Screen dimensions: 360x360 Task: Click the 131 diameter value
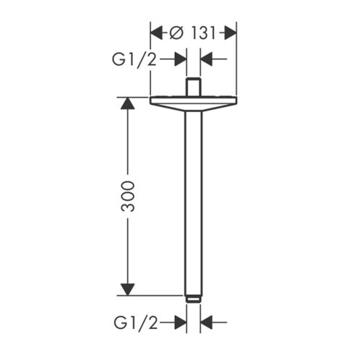pyautogui.click(x=203, y=33)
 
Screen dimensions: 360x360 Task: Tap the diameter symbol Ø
pyautogui.click(x=176, y=33)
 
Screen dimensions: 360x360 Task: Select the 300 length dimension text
pyautogui.click(x=128, y=197)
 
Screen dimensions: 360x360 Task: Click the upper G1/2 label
pyautogui.click(x=134, y=59)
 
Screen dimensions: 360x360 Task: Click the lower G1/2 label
pyautogui.click(x=136, y=322)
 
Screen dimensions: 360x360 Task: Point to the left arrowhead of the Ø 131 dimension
pyautogui.click(x=156, y=33)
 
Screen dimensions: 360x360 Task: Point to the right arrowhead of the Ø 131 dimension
pyautogui.click(x=231, y=33)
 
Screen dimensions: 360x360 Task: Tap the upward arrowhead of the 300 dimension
pyautogui.click(x=128, y=103)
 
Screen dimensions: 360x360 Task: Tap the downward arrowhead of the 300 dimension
pyautogui.click(x=128, y=289)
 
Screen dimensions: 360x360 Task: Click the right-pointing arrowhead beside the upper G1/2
pyautogui.click(x=181, y=59)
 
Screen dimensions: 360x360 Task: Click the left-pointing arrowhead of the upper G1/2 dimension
pyautogui.click(x=206, y=59)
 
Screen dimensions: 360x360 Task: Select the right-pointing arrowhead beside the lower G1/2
pyautogui.click(x=181, y=322)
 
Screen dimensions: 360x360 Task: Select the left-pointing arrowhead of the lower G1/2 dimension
pyautogui.click(x=206, y=322)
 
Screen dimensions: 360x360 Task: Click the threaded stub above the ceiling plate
pyautogui.click(x=194, y=87)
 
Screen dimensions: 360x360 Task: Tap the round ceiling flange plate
pyautogui.click(x=193, y=103)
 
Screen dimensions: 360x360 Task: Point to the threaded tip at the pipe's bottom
pyautogui.click(x=194, y=299)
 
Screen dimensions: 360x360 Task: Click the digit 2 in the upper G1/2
pyautogui.click(x=152, y=59)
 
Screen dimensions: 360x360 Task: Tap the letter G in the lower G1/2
pyautogui.click(x=120, y=322)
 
